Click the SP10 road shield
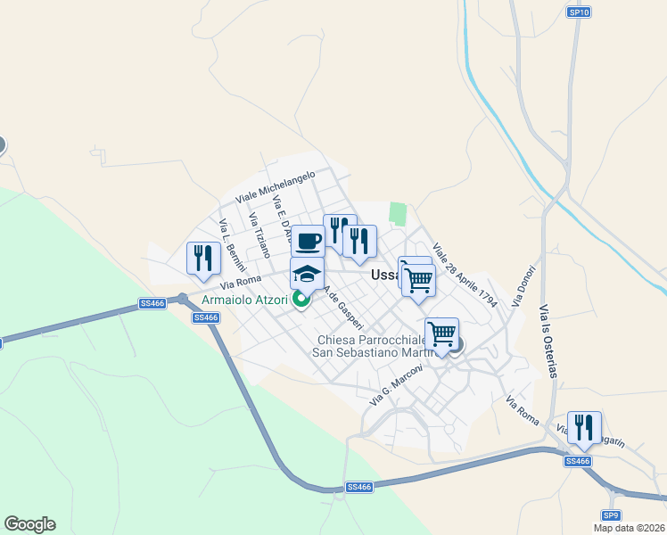click(579, 12)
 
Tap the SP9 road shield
click(610, 515)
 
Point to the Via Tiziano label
click(259, 235)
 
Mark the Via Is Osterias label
click(548, 341)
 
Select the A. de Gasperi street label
click(342, 306)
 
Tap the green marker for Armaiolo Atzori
click(301, 300)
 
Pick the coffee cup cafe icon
click(308, 241)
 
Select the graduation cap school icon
click(306, 275)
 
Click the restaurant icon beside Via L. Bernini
click(203, 258)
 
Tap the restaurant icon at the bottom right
click(584, 427)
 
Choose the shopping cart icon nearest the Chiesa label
click(441, 334)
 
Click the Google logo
click(29, 524)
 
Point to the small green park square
click(398, 214)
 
